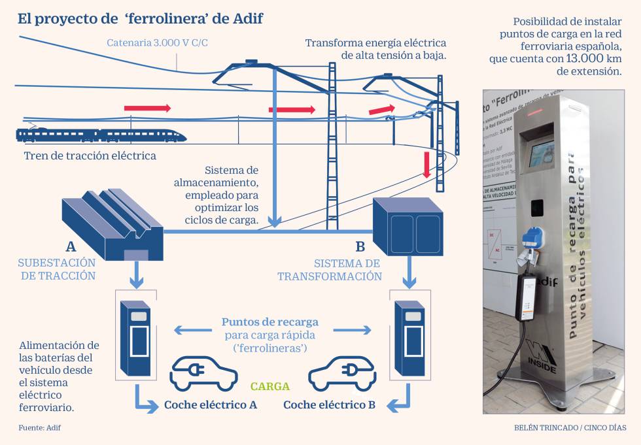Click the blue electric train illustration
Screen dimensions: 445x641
tap(101, 135)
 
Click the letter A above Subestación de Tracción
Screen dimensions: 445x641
tap(71, 247)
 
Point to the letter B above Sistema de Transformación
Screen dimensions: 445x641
tap(360, 246)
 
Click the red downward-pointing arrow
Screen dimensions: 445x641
tap(427, 164)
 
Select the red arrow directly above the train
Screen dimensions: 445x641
tap(147, 108)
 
